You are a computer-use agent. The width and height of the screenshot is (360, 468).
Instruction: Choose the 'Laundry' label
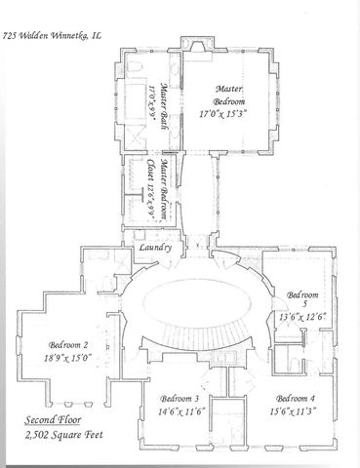(x=156, y=249)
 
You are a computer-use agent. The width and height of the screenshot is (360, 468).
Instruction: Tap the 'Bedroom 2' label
(x=69, y=344)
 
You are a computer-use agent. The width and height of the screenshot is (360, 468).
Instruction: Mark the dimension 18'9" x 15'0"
(x=69, y=357)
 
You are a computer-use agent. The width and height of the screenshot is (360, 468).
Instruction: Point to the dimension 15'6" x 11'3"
(x=294, y=411)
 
